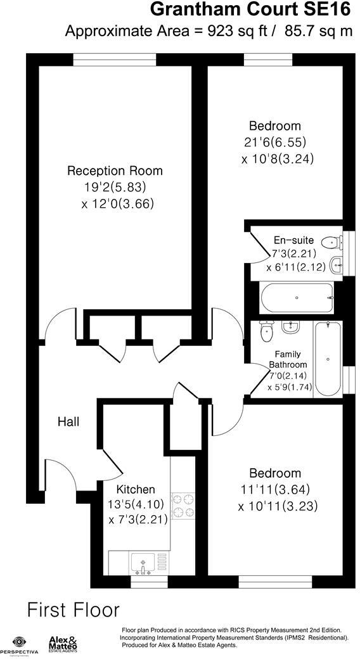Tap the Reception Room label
(115, 170)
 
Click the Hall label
(68, 421)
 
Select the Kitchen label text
(135, 489)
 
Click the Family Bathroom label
(288, 359)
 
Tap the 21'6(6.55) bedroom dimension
(278, 143)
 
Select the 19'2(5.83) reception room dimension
(115, 188)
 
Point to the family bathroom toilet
(266, 331)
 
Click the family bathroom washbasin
(291, 328)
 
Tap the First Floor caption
(73, 610)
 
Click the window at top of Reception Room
(115, 59)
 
